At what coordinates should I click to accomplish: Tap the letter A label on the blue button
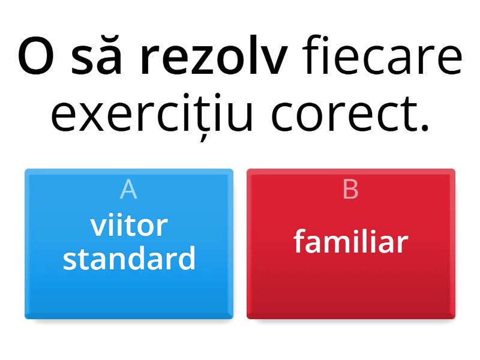pos(128,190)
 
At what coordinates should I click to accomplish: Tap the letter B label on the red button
pos(350,190)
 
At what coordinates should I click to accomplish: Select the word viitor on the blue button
pos(129,226)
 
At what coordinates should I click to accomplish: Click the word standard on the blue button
pos(129,259)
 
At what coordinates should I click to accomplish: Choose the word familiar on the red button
pos(351,242)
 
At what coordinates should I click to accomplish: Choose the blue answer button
pos(129,288)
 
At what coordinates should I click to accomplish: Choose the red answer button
pos(351,288)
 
